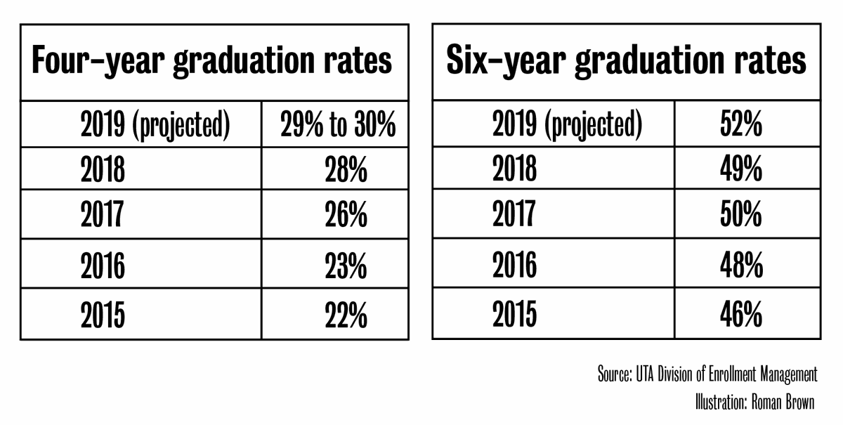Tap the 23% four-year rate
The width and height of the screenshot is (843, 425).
pos(346,266)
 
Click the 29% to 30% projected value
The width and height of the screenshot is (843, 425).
pos(338,126)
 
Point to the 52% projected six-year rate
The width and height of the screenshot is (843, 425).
pos(740,126)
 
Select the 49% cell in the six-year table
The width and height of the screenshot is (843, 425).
pos(740,169)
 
